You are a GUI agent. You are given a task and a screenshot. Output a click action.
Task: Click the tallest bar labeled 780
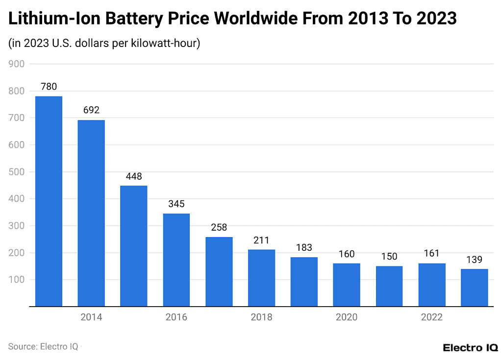[x=49, y=201]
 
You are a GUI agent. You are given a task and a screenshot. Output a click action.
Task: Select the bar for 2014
[x=91, y=213]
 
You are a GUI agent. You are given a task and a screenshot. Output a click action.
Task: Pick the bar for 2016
[x=176, y=260]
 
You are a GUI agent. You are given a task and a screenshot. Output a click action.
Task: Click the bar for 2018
[x=261, y=278]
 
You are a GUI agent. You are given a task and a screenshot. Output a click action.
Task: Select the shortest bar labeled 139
[x=474, y=288]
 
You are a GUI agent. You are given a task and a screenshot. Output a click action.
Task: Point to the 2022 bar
[x=431, y=285]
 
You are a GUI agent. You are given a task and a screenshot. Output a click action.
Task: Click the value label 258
[x=219, y=228]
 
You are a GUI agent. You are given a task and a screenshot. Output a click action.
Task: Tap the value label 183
[x=304, y=248]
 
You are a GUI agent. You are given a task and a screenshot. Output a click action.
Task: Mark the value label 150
[x=389, y=257]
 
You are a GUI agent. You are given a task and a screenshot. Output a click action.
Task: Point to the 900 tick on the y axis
[x=17, y=64]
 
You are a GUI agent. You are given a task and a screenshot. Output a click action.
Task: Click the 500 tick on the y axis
[x=17, y=172]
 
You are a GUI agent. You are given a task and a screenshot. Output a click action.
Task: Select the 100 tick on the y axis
[x=17, y=280]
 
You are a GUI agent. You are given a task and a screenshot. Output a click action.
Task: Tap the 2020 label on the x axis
[x=347, y=317]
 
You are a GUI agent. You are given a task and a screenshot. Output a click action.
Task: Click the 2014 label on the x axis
[x=91, y=317]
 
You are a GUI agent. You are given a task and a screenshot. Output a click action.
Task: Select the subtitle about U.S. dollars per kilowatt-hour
[x=104, y=44]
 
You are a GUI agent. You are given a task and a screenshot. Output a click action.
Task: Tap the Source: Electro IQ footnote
[x=43, y=347]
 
